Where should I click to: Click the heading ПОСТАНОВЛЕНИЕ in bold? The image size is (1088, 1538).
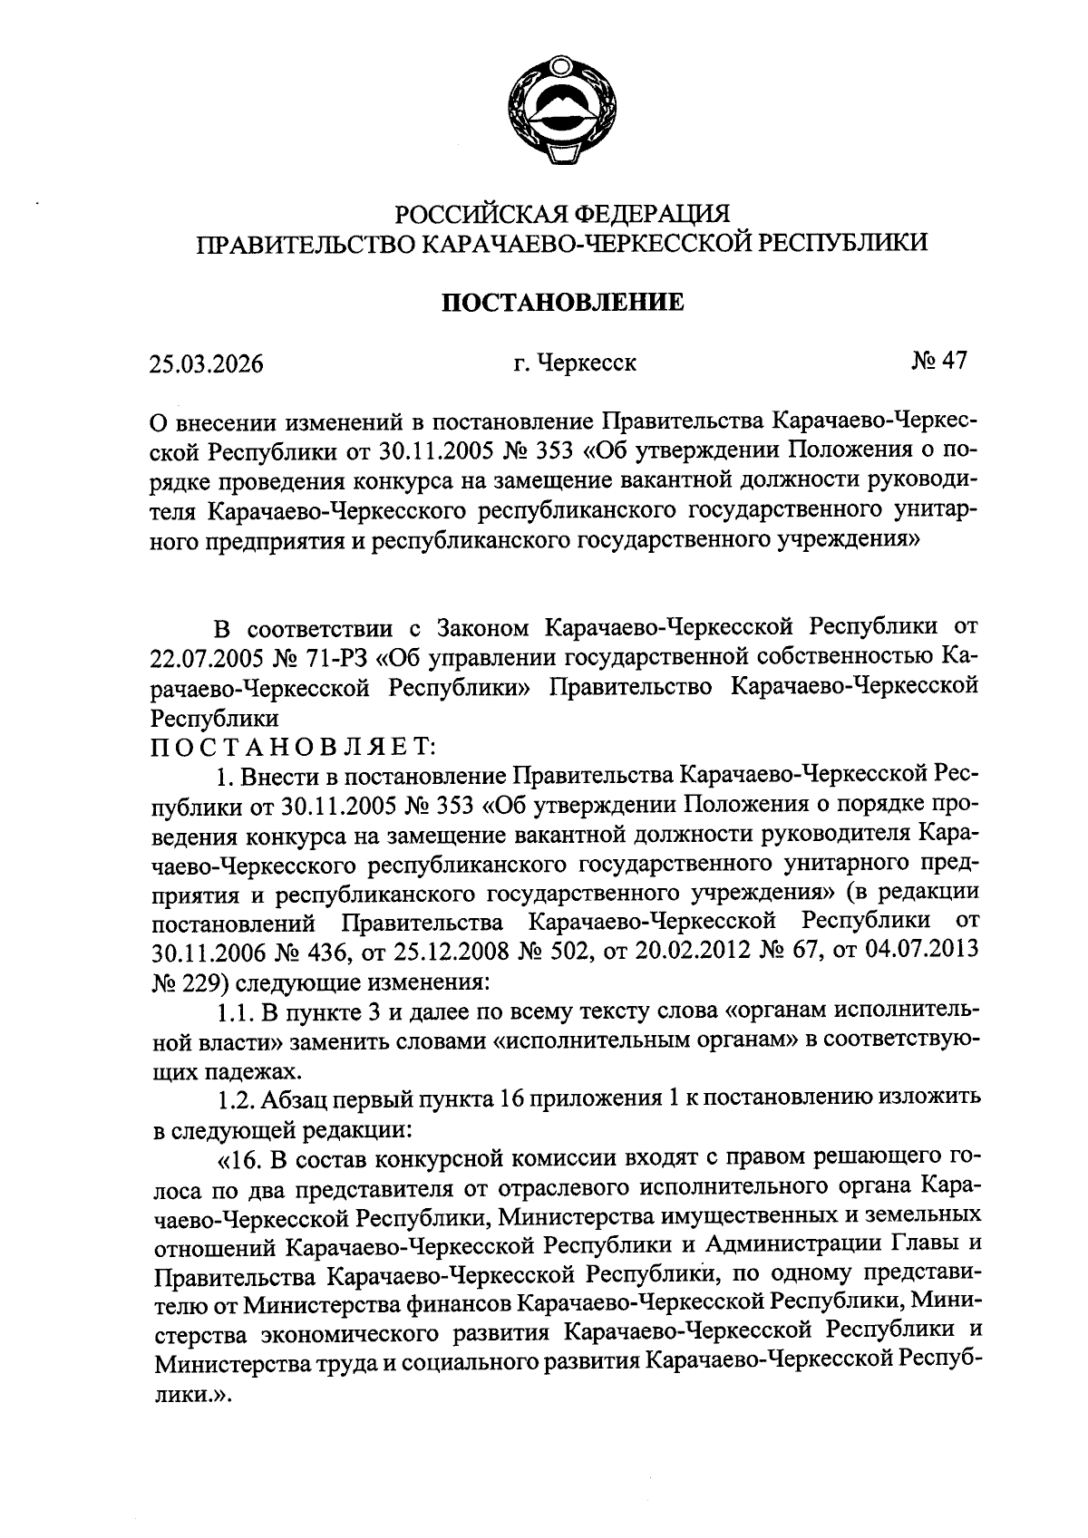click(562, 303)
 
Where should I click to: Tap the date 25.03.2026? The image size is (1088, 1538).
click(206, 364)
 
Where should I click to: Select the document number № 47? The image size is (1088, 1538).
click(940, 362)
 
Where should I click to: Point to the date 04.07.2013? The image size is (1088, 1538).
click(917, 953)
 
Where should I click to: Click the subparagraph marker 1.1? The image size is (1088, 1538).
click(236, 1011)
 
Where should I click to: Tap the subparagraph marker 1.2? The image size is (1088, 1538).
click(236, 1100)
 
